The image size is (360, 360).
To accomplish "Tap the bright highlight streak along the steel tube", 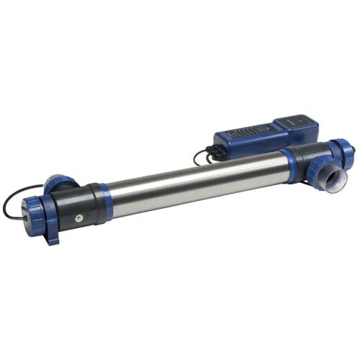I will coord(194,177).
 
